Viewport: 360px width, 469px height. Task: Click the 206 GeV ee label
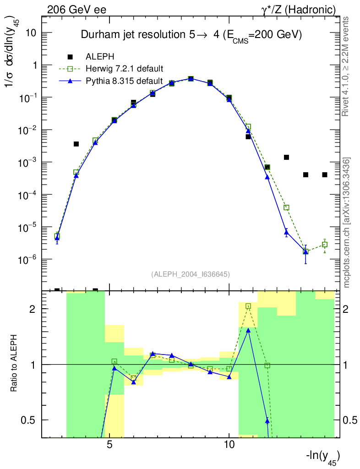coord(76,9)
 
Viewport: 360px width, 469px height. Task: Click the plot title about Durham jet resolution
coord(191,35)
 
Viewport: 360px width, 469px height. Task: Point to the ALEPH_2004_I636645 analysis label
coord(190,274)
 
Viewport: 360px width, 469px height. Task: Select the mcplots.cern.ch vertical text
coord(346,223)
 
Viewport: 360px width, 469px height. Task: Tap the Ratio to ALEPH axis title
coord(14,364)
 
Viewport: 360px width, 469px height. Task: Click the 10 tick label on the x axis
coord(229,445)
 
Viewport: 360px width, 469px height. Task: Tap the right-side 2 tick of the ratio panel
coord(349,309)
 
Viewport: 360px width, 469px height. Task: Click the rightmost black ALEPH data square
coord(325,175)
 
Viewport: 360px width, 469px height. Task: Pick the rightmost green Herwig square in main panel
coord(325,245)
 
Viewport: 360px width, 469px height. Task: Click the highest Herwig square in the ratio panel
coord(248,306)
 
